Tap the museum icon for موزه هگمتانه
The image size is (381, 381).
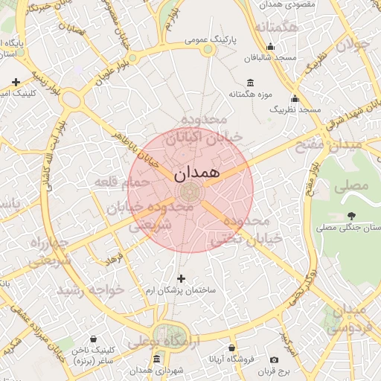(x=249, y=82)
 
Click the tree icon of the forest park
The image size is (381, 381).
(x=350, y=216)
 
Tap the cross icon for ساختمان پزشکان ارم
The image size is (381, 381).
(x=181, y=278)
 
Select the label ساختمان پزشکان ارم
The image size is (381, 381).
(x=185, y=290)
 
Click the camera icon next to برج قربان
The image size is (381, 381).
(x=274, y=359)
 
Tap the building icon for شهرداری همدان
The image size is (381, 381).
(x=157, y=359)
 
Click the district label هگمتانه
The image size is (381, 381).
(x=276, y=28)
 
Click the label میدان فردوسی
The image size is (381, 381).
(x=348, y=318)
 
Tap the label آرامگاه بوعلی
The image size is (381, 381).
(x=165, y=342)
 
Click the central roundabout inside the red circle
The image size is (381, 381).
(x=189, y=191)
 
